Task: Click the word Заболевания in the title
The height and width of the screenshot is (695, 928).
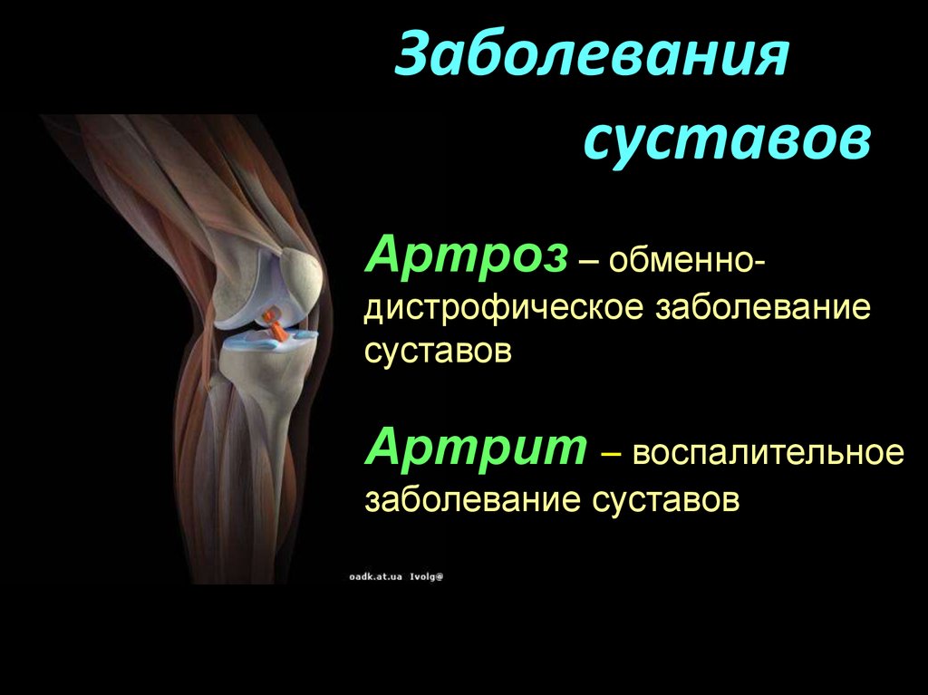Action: click(x=593, y=54)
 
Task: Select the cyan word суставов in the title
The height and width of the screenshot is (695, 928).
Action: click(x=728, y=140)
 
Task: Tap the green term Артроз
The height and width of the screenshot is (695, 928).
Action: click(x=467, y=256)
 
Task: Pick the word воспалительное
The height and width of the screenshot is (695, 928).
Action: click(x=768, y=453)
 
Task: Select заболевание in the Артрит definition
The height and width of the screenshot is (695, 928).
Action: click(x=472, y=500)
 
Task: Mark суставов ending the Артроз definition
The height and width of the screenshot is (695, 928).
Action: click(x=438, y=352)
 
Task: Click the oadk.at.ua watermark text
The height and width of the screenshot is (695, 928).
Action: click(x=376, y=576)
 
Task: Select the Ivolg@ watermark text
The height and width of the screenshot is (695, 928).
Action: click(x=427, y=576)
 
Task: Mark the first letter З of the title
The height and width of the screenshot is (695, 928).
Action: click(x=412, y=55)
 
